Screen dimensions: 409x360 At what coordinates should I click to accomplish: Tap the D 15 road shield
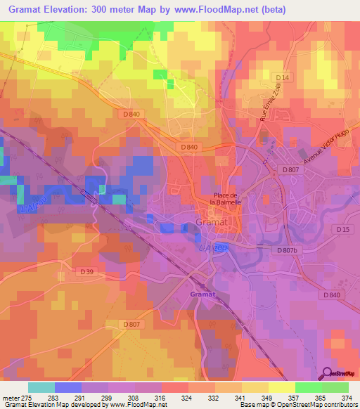(342, 230)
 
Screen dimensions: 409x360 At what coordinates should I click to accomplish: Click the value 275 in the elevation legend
(28, 398)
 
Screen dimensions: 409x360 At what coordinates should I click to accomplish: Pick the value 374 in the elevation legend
(348, 398)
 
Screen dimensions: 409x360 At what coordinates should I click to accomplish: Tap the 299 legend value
(108, 398)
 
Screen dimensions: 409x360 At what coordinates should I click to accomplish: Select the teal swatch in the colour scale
(41, 387)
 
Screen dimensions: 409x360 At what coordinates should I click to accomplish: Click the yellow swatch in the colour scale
(281, 387)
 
